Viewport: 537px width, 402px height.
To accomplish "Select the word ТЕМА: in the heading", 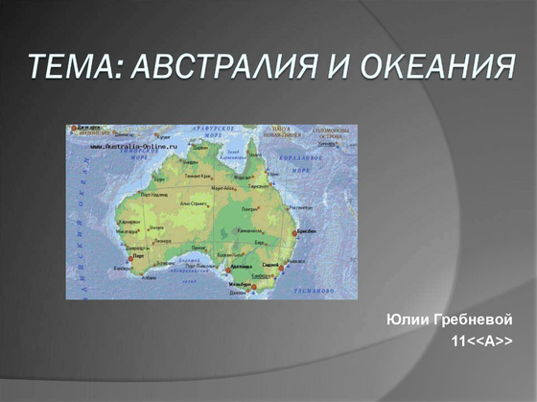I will (x=72, y=68).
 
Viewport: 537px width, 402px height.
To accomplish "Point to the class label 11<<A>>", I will (x=481, y=341).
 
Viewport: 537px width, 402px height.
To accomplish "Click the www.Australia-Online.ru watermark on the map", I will (x=135, y=147).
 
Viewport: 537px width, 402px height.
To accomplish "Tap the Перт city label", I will (x=138, y=256).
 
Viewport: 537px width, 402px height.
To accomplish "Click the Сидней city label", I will (x=271, y=264).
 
